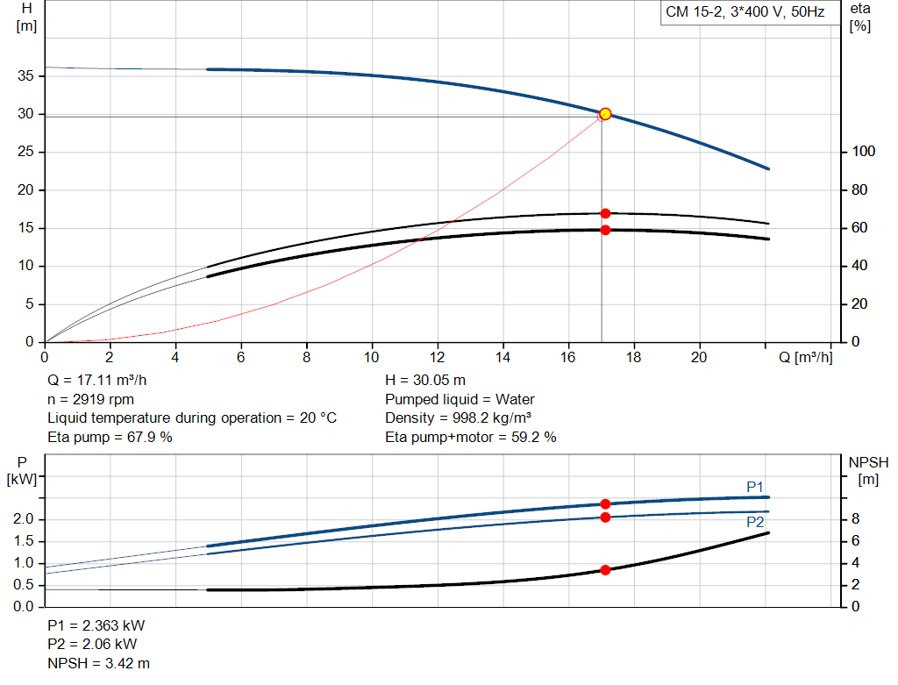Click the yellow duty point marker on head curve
click(x=605, y=114)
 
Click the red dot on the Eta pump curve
click(x=605, y=213)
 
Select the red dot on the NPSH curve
click(x=605, y=570)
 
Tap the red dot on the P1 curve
click(x=605, y=503)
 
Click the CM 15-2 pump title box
click(x=745, y=13)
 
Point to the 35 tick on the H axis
click(x=27, y=76)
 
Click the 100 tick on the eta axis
click(x=864, y=152)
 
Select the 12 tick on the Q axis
click(x=438, y=357)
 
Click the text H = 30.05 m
click(x=425, y=380)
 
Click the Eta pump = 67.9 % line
click(x=110, y=436)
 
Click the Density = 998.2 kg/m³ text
click(x=459, y=417)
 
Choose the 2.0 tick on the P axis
click(x=24, y=519)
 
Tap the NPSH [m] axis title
click(x=868, y=470)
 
